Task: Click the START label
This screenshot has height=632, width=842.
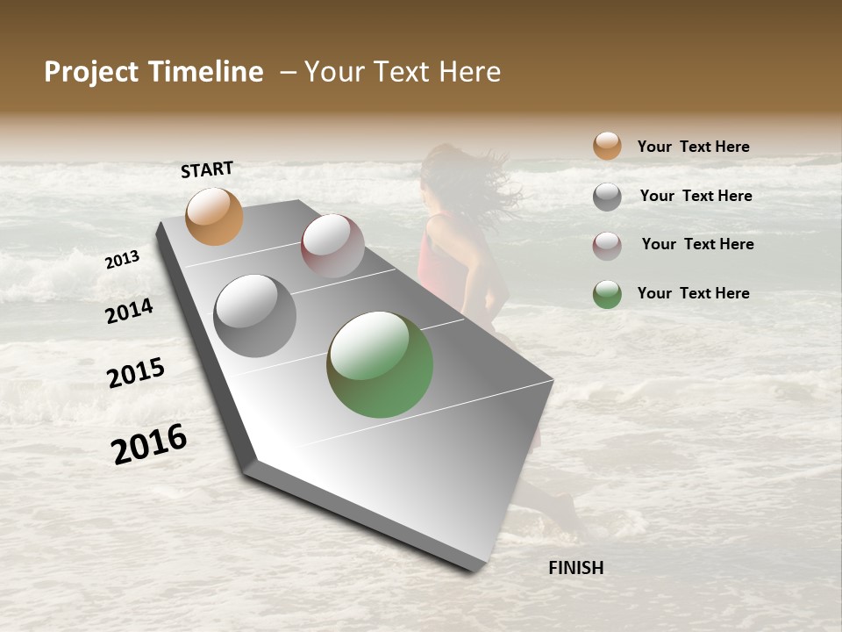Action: pos(207,169)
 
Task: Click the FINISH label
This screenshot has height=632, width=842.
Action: pos(575,568)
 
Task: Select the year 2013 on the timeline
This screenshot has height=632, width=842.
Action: pos(123,260)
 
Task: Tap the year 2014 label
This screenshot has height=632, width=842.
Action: pos(130,311)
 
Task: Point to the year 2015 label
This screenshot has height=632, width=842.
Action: pos(136,373)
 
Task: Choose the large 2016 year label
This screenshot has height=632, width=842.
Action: pos(149,443)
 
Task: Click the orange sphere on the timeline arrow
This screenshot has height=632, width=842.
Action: pos(214,216)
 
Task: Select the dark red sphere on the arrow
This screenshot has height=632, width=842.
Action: pos(332,246)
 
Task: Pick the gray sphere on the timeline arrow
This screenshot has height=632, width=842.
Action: pos(255,316)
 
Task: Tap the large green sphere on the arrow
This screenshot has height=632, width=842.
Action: pos(380,364)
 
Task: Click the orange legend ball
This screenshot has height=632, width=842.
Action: pos(607,146)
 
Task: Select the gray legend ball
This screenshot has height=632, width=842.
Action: pos(607,197)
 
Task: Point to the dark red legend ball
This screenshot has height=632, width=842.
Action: pos(607,246)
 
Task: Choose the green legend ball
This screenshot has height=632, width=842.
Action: pos(607,294)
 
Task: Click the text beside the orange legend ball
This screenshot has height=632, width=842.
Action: pos(693,147)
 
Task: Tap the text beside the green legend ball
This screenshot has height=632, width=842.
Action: pos(693,293)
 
